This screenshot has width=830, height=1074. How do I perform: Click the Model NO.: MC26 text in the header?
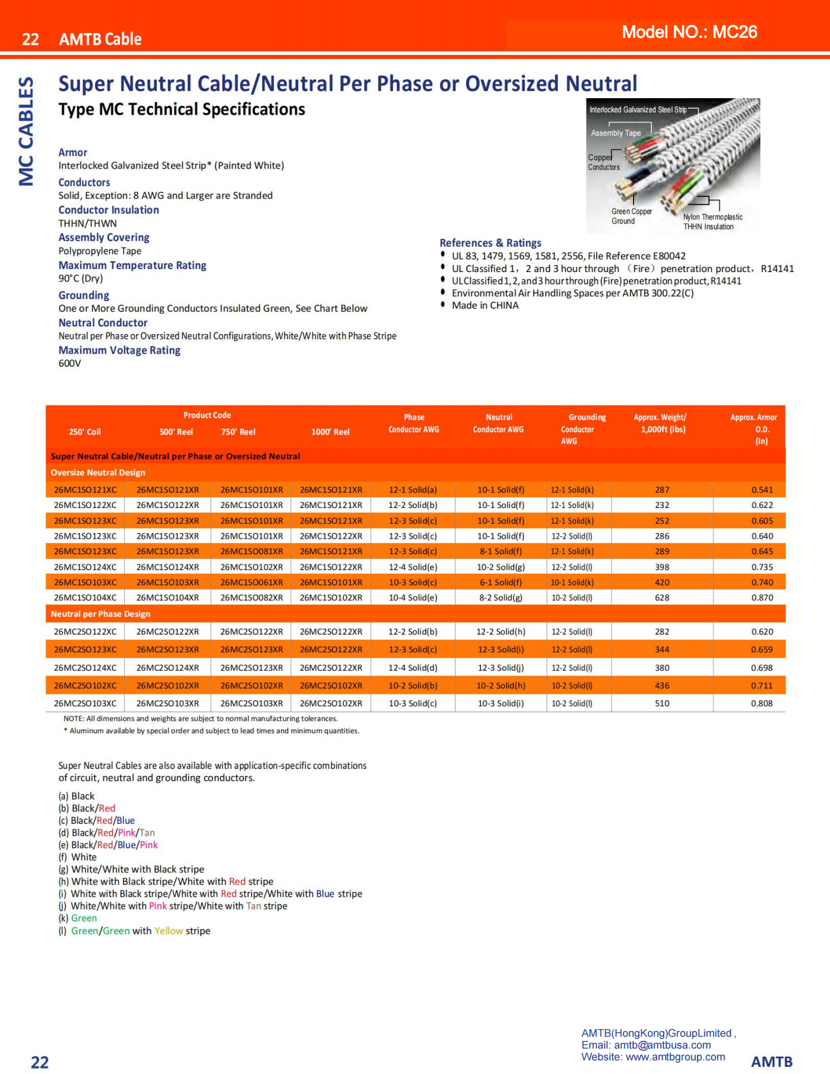click(x=689, y=32)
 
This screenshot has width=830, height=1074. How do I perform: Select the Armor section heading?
click(x=73, y=153)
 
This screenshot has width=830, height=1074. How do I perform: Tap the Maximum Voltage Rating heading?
click(x=120, y=350)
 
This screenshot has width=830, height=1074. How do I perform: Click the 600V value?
click(x=70, y=363)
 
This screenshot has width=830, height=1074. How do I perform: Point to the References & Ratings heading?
click(x=490, y=243)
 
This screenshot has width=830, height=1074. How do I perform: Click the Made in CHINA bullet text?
click(x=485, y=305)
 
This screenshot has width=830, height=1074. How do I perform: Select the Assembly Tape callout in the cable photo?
click(x=616, y=133)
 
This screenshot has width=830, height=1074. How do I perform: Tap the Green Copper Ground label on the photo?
click(x=631, y=216)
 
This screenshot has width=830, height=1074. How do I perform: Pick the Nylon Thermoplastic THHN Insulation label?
click(x=712, y=222)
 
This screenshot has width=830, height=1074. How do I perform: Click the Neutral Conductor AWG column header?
click(x=498, y=423)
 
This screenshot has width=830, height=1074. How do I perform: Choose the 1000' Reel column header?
click(x=330, y=432)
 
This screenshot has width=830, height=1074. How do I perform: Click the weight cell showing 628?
click(x=662, y=597)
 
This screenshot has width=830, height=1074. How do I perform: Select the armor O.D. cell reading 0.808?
click(x=761, y=703)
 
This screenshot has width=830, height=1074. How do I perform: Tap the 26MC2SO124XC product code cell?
click(x=85, y=668)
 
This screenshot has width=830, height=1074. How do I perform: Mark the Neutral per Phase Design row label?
click(x=101, y=614)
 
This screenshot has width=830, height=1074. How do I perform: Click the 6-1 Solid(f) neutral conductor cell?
click(x=500, y=582)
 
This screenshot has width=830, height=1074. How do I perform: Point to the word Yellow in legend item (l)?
click(x=169, y=931)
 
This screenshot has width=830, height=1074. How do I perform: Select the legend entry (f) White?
click(x=77, y=857)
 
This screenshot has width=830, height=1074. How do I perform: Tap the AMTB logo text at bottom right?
click(x=771, y=1062)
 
